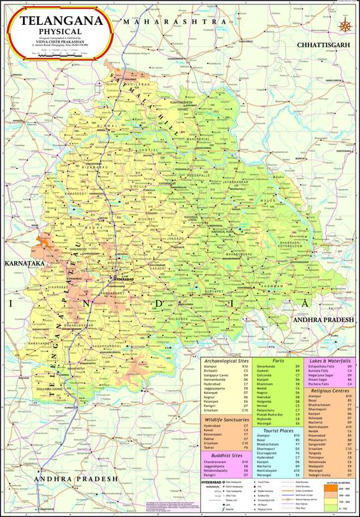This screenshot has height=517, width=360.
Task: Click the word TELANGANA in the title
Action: tap(60, 20)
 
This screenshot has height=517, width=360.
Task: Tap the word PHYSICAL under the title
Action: tap(60, 30)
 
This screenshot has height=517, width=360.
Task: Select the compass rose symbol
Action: tap(346, 25)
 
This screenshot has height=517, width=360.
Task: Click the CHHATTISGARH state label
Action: tap(323, 46)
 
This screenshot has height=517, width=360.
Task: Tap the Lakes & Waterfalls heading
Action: tap(328, 360)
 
